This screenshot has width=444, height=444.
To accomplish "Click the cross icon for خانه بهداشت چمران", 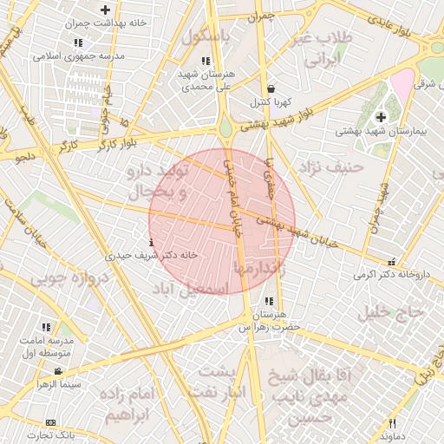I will tap(105, 10).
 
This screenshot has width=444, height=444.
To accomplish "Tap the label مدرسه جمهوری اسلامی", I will tap(79, 56).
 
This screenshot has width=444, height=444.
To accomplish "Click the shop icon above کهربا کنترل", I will tap(271, 88).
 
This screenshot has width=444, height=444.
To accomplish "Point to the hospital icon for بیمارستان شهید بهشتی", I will tap(381, 117).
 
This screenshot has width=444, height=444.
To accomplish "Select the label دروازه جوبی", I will tap(69, 279).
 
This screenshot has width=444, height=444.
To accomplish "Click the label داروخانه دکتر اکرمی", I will tap(391, 275).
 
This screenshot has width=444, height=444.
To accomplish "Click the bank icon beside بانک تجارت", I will tap(50, 422).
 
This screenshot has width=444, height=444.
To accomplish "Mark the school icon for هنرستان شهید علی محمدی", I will tap(206, 61).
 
